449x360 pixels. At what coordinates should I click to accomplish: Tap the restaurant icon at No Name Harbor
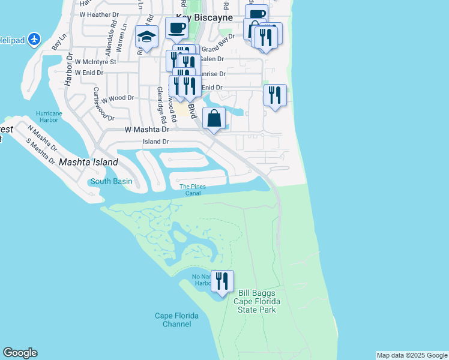click(x=222, y=281)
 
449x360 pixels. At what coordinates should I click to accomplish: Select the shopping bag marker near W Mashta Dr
click(x=214, y=118)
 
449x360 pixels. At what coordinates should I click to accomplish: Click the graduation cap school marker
click(x=147, y=37)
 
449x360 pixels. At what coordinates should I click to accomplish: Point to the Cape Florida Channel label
click(x=172, y=320)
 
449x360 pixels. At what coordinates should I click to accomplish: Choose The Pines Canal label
click(x=193, y=190)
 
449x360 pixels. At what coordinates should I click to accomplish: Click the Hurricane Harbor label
click(x=49, y=116)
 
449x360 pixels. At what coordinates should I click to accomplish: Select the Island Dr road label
click(x=155, y=142)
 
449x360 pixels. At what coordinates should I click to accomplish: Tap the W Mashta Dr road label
click(x=147, y=129)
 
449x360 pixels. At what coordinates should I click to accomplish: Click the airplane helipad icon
click(x=34, y=40)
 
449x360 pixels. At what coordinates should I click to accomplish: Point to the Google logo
click(x=20, y=353)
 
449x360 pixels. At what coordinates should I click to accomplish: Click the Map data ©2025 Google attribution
click(x=412, y=355)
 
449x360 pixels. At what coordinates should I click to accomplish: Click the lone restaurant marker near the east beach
click(x=275, y=95)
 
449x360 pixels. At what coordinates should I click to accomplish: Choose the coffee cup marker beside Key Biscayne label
click(x=176, y=28)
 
